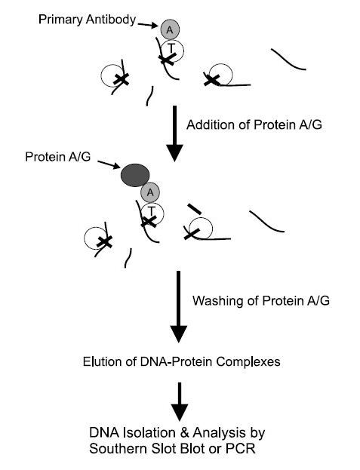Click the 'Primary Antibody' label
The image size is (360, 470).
click(x=88, y=20)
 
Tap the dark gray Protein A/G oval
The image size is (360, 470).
click(x=135, y=175)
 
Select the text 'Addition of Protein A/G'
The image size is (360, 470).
click(x=254, y=124)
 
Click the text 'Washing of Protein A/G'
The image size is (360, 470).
click(x=261, y=300)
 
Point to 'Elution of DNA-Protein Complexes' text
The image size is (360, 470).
click(x=182, y=361)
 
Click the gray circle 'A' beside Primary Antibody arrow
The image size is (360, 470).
click(x=170, y=29)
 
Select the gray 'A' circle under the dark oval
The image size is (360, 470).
click(x=150, y=192)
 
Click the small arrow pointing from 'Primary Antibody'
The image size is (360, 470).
click(x=148, y=25)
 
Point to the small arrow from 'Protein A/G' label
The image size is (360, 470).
click(x=109, y=164)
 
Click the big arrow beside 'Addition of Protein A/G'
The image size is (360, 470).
click(x=174, y=134)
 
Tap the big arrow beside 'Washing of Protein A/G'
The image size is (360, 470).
click(x=179, y=306)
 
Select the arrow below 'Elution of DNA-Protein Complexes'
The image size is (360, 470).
click(x=180, y=402)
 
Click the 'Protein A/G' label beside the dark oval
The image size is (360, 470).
click(x=58, y=157)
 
